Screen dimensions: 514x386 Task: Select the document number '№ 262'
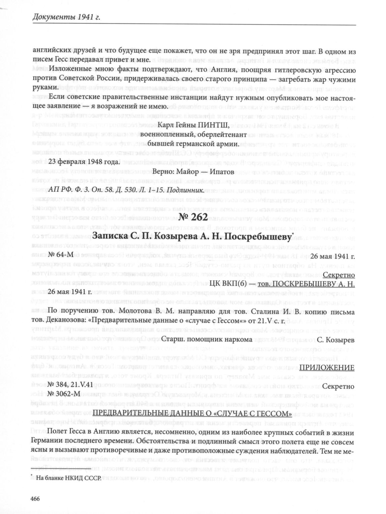click(x=193, y=217)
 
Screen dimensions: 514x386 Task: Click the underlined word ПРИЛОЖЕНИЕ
click(x=327, y=367)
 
